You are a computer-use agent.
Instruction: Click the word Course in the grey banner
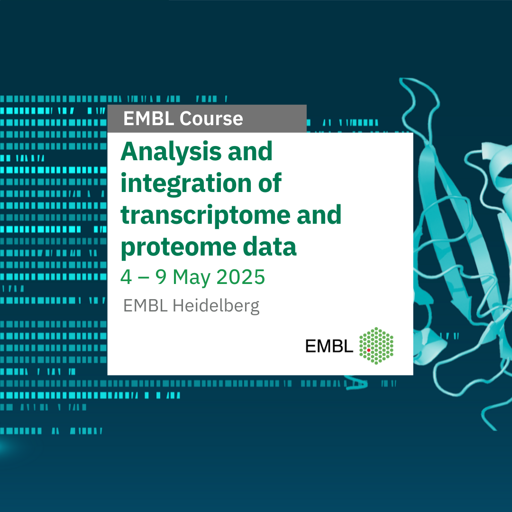211,118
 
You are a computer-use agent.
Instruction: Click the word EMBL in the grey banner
148,118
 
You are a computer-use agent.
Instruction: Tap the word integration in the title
186,183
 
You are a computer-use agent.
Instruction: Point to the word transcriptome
205,215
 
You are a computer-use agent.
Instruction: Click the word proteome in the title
178,247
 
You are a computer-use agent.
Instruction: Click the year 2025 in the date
241,277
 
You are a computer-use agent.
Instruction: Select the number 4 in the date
126,277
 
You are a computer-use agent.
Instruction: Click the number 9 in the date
161,277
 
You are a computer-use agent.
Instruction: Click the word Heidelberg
216,306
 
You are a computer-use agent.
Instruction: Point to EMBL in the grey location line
146,306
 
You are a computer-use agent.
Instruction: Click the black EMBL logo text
329,346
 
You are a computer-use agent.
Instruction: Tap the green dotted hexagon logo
376,346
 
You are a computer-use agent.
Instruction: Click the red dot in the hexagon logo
369,350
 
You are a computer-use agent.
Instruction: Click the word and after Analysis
250,152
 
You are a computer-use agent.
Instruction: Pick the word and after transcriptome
319,215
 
